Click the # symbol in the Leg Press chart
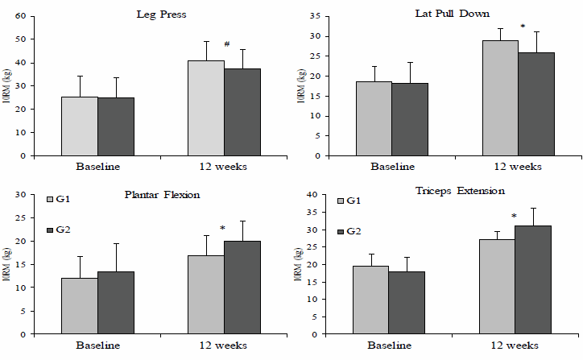click(x=228, y=45)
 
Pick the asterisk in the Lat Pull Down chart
click(x=523, y=27)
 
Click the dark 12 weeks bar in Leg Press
click(x=242, y=112)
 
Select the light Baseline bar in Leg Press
click(x=80, y=126)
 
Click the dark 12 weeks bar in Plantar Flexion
click(x=242, y=287)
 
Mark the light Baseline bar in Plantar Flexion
click(x=80, y=305)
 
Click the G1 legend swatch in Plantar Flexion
click(x=50, y=199)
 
